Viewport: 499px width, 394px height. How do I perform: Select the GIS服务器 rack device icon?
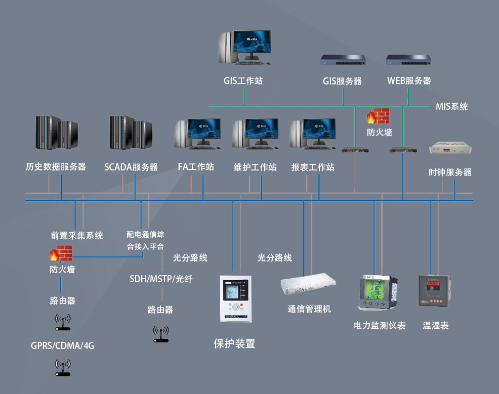pos(343,61)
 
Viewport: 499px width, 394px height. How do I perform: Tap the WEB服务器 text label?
pos(409,80)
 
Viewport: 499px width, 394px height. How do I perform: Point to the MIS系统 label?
pos(451,107)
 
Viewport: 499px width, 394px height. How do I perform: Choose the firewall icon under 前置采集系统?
pos(61,253)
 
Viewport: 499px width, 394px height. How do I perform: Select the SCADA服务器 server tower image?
pos(131,132)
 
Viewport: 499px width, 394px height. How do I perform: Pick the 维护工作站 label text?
pos(256,167)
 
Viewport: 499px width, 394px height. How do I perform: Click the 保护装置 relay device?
pos(235,298)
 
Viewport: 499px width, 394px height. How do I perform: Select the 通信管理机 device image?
pos(309,286)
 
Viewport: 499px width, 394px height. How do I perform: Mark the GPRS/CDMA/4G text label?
pos(62,346)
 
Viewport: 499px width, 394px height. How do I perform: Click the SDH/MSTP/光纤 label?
pos(161,279)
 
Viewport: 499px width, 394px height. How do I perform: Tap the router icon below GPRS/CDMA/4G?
pos(62,368)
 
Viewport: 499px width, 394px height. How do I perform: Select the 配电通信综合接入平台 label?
pos(145,241)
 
